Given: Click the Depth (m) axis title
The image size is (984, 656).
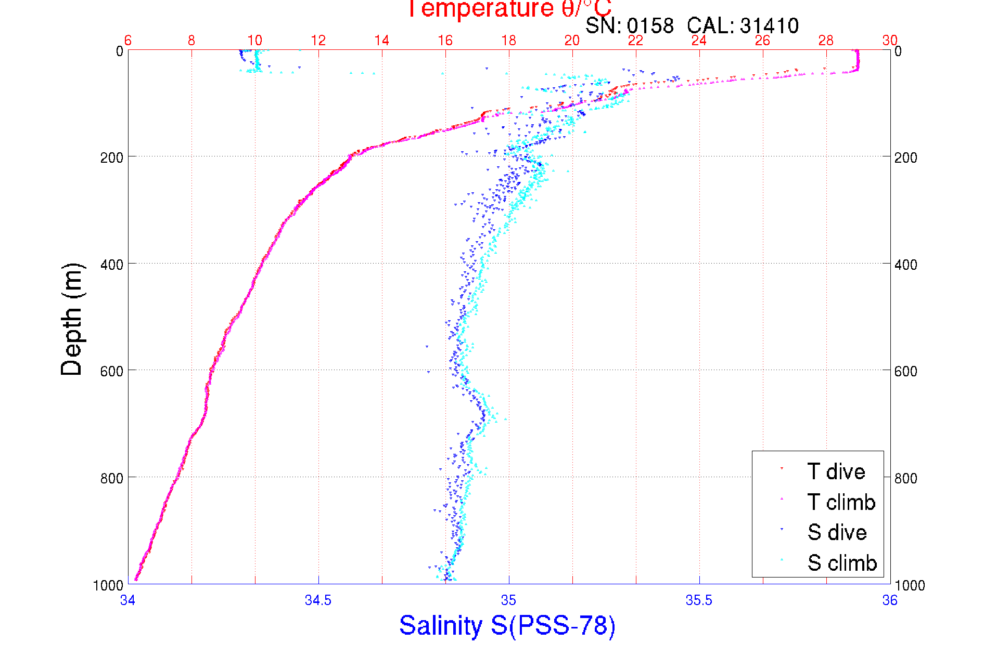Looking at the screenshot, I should point(72,319).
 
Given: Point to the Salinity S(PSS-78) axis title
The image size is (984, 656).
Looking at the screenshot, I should point(507,625).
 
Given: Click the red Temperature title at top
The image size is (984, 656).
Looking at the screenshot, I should point(509,9).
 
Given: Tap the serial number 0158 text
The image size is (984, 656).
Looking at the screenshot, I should point(650,25).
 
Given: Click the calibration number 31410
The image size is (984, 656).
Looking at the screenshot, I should point(769,25).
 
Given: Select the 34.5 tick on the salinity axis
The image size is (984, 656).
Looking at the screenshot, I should point(318,600).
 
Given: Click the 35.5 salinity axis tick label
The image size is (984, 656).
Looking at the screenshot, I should point(699,600).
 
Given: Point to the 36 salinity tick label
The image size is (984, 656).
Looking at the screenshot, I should point(890,600).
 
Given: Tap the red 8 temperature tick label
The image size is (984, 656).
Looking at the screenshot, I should point(191,41).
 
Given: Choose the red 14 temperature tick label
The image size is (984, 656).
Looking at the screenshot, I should point(381,41).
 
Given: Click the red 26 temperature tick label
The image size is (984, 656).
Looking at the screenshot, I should point(762,41).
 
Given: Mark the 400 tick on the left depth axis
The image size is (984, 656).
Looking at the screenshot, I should point(112,265).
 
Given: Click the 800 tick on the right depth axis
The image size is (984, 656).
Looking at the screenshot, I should point(905,478).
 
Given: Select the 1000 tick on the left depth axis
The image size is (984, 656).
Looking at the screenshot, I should point(108,585).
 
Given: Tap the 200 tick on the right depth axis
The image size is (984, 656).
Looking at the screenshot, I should point(905,158).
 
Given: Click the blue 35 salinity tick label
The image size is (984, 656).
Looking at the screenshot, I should point(508,600).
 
